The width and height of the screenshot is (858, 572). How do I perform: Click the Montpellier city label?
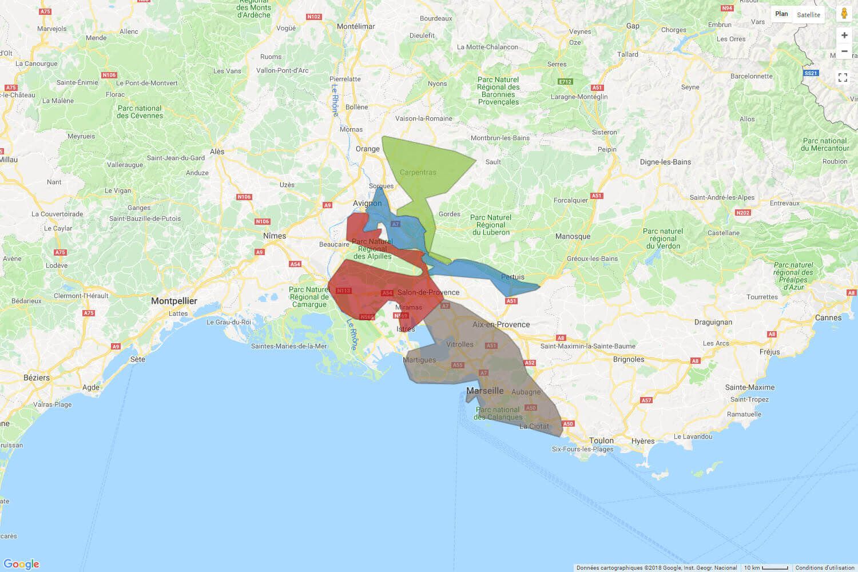174,301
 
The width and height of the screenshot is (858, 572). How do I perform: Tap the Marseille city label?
485,391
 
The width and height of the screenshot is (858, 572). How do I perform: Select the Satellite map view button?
808,14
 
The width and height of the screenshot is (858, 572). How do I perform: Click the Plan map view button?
781,14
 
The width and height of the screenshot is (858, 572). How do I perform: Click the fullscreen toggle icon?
843,77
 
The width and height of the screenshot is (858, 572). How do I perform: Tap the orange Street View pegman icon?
844,14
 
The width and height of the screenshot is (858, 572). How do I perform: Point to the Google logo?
22,564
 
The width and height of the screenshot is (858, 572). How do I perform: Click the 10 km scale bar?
766,567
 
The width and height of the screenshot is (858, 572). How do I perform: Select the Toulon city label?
601,440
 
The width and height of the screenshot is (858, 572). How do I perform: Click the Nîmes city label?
275,236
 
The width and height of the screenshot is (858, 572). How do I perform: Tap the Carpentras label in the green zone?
418,172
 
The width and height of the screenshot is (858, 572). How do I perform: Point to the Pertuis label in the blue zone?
513,277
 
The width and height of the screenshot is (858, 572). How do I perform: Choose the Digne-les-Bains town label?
665,162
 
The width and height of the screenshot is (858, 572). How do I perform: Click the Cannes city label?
828,317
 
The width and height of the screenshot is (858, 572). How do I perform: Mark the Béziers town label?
37,378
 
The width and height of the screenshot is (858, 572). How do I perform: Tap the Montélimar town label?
356,26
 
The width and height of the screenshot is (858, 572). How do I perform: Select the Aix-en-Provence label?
501,324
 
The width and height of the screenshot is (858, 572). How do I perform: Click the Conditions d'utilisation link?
825,567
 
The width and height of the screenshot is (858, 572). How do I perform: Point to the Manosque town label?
573,236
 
